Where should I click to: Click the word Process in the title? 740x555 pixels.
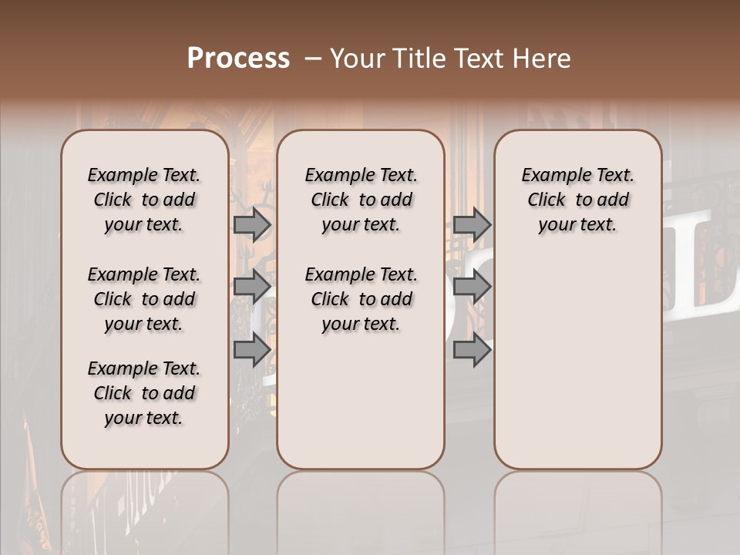[238, 59]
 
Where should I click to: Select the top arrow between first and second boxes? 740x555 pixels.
[252, 224]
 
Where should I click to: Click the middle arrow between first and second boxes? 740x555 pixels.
[252, 288]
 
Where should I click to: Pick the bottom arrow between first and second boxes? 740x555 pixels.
[252, 350]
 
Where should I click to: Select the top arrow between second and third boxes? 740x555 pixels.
[472, 224]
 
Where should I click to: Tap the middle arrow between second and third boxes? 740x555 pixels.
[472, 288]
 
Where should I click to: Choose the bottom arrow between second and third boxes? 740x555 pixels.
[472, 350]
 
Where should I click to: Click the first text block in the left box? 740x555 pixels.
[144, 200]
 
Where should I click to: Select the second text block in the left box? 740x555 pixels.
[144, 299]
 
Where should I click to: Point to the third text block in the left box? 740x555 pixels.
[144, 393]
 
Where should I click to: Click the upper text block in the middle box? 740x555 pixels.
[361, 200]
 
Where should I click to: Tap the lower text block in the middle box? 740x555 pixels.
[361, 299]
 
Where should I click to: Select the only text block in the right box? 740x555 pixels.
[577, 200]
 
